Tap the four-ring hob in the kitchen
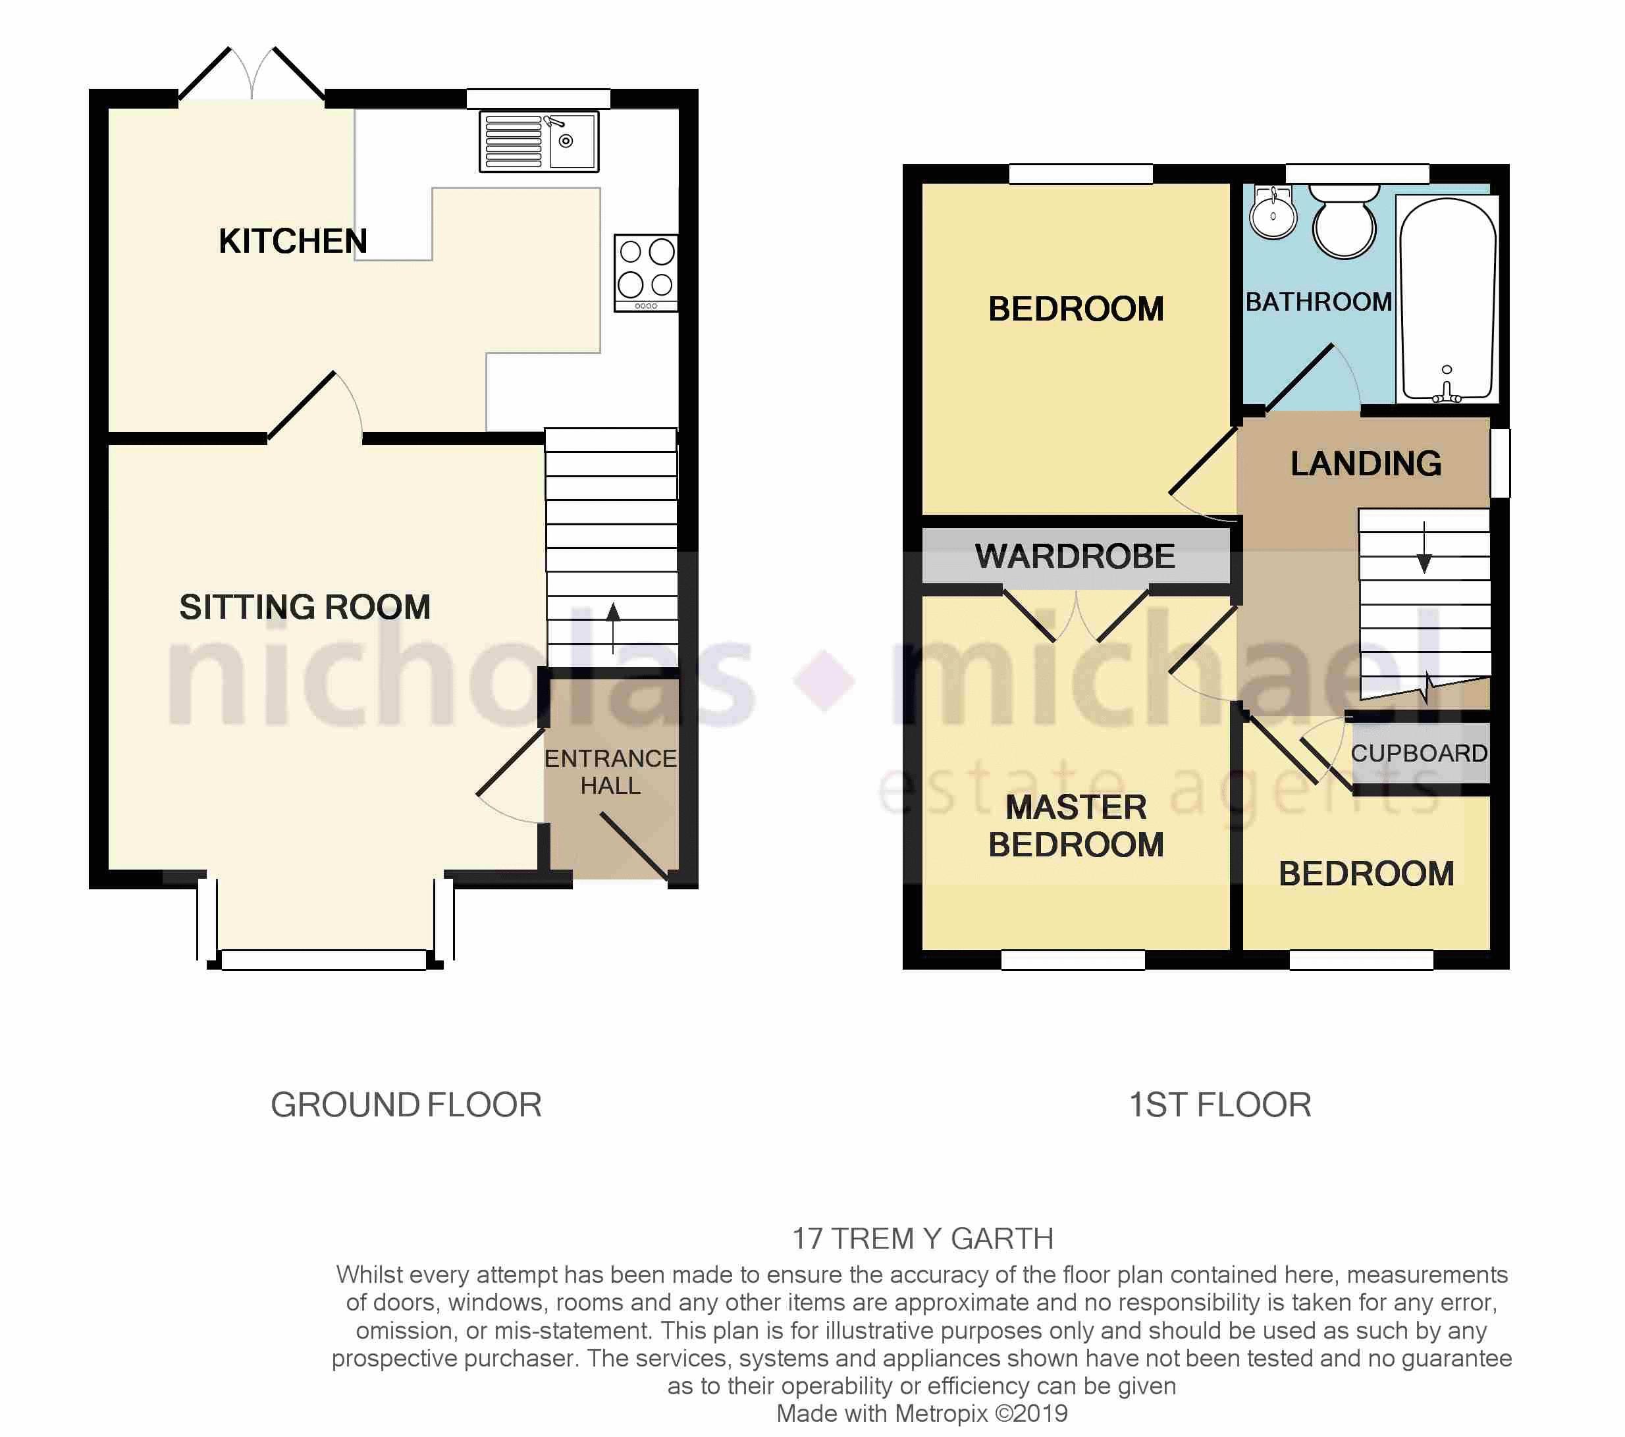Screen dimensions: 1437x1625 645,272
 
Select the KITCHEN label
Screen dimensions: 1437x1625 292,241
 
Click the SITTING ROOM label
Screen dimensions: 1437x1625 304,607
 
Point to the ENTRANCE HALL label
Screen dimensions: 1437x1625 610,771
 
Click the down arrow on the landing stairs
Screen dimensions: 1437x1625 1424,548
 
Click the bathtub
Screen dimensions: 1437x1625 1447,298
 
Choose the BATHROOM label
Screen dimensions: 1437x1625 1318,302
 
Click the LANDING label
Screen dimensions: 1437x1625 1366,463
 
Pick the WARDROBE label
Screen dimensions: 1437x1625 1075,556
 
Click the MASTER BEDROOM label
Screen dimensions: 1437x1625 1076,826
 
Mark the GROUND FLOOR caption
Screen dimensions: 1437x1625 406,1105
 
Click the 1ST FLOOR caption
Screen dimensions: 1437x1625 1219,1105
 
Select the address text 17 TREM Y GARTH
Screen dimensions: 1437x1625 922,1238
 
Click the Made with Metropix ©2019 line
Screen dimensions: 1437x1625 922,1413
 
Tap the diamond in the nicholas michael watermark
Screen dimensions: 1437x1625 824,681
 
